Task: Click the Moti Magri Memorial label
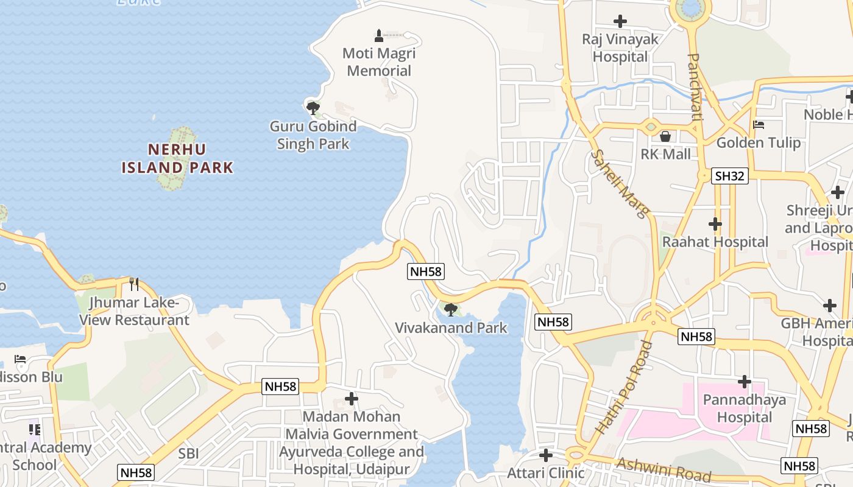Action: [379, 62]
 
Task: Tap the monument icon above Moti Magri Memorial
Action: [379, 35]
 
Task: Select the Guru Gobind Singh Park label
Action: [313, 135]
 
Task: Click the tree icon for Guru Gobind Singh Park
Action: [313, 109]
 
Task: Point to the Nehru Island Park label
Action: [177, 158]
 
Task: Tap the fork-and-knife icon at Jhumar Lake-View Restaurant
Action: [134, 284]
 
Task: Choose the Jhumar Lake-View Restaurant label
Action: [135, 311]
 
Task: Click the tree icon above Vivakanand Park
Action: [451, 310]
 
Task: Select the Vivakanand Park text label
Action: [451, 328]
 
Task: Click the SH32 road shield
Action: [730, 176]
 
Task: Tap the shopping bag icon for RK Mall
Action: [665, 136]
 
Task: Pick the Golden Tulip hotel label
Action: [759, 143]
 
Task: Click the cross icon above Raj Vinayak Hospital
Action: [620, 21]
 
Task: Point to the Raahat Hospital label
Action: [715, 242]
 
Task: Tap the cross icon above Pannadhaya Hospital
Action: [745, 382]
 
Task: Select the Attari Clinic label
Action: [546, 472]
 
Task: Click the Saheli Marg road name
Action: [620, 183]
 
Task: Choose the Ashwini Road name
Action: [664, 469]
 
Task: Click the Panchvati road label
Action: [695, 86]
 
